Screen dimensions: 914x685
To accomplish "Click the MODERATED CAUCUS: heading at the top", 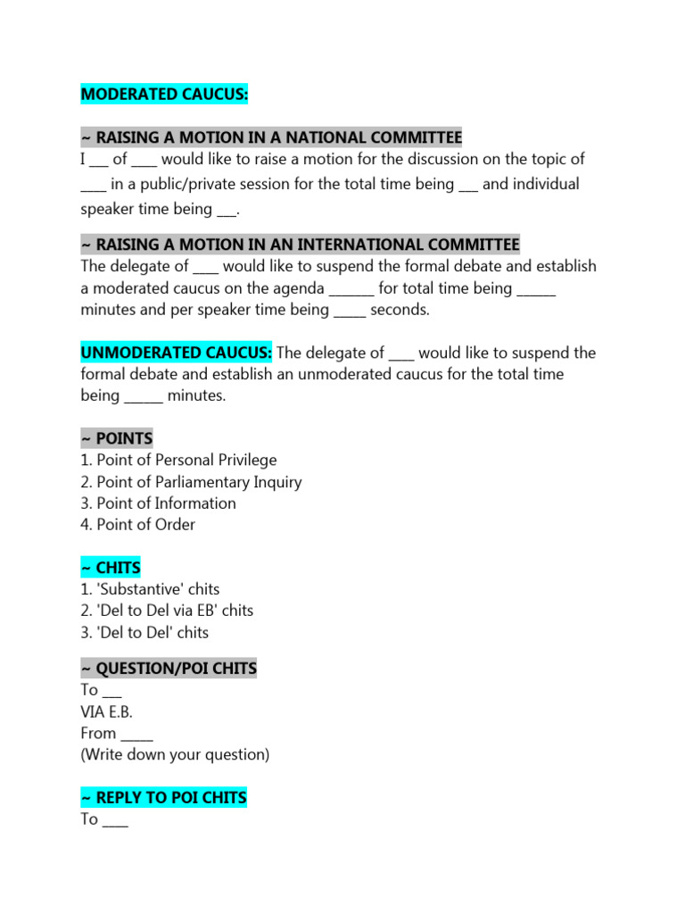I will pos(164,94).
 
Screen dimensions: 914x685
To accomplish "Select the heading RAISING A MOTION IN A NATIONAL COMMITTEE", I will pos(271,137).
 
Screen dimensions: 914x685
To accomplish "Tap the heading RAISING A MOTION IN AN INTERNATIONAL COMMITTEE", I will pos(300,245).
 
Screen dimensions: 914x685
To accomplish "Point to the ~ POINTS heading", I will pos(117,438).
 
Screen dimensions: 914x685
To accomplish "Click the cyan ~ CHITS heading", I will pos(111,568).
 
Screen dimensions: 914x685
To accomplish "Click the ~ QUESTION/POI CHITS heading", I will pos(169,669).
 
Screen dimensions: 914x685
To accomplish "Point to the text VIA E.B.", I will pos(106,711).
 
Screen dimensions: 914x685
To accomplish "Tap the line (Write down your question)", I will pos(175,754).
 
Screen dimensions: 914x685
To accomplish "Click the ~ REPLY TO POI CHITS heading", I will pos(163,797).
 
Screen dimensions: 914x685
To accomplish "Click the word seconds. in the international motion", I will pos(400,310).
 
